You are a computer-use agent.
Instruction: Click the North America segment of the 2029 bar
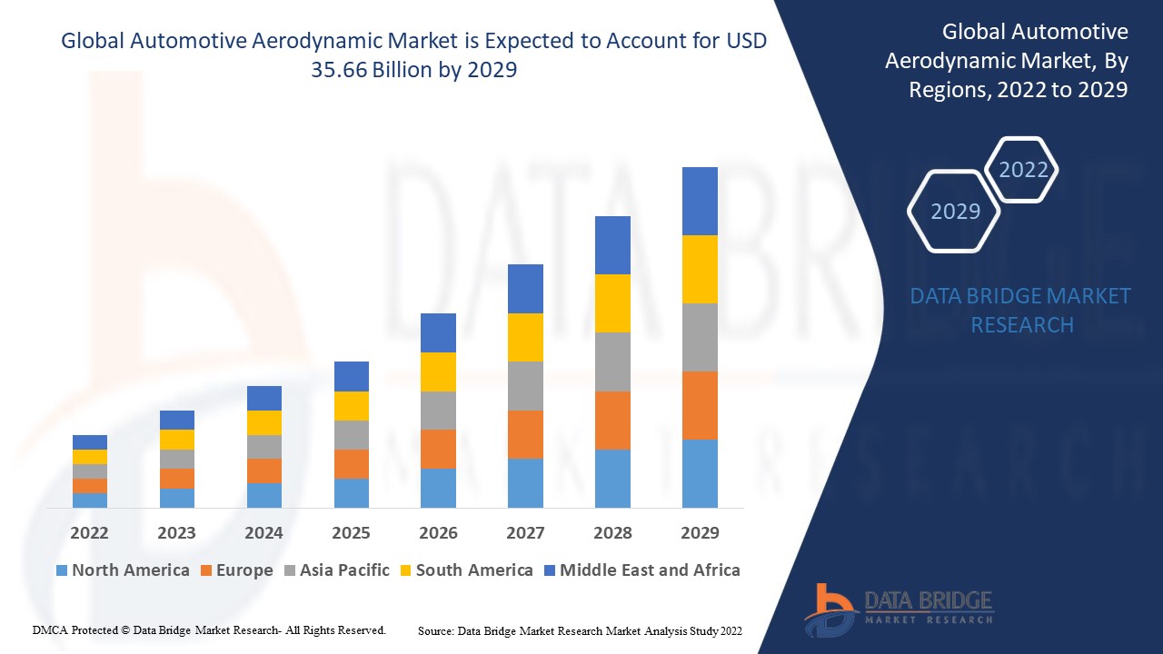[700, 473]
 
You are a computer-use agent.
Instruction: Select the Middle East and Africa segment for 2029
[700, 201]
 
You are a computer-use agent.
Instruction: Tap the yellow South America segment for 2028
[612, 303]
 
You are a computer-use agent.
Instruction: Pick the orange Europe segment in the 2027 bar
[525, 434]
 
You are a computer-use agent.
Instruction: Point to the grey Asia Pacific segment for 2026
[438, 411]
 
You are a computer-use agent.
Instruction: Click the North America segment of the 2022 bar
[90, 500]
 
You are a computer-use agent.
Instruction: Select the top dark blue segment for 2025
[352, 376]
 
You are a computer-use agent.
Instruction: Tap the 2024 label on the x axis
[263, 532]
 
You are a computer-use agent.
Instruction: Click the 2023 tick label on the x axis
[176, 532]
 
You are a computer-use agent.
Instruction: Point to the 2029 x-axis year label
[700, 532]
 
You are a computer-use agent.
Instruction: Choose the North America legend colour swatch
[62, 570]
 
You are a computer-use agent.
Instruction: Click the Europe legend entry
[244, 570]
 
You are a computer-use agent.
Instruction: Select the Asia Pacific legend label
[344, 570]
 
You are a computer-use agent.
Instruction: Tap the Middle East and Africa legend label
[650, 570]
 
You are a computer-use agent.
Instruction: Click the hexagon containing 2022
[1023, 170]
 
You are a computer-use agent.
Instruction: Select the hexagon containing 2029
[955, 212]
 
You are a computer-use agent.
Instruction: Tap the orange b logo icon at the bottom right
[829, 609]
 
